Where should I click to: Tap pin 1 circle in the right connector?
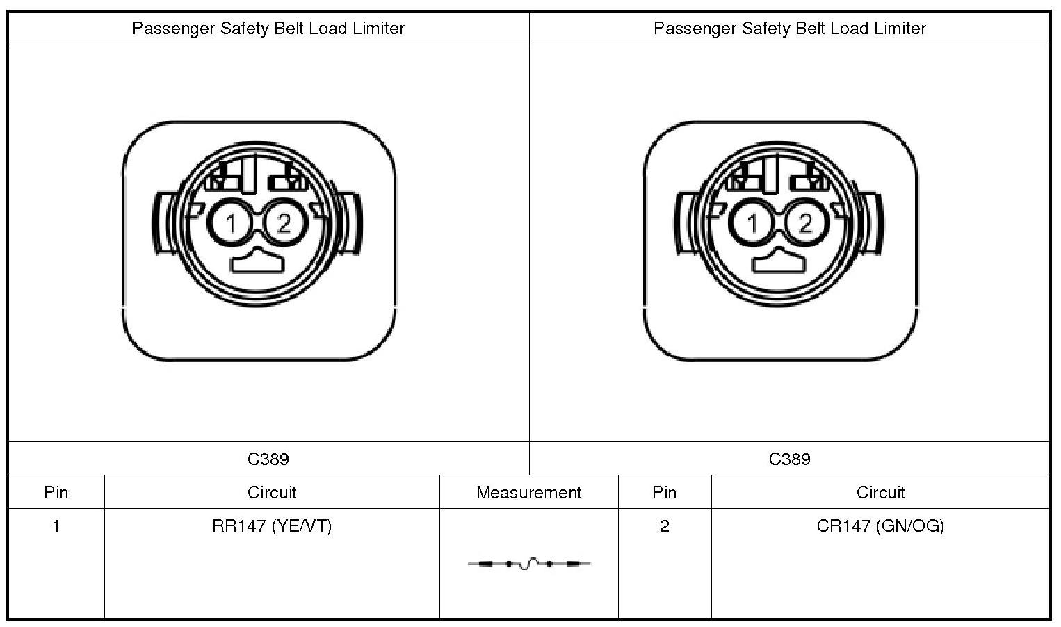pyautogui.click(x=752, y=223)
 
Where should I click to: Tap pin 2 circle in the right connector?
pyautogui.click(x=805, y=223)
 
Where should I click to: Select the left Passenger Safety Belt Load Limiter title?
pyautogui.click(x=268, y=28)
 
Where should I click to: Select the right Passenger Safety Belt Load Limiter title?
pyautogui.click(x=790, y=28)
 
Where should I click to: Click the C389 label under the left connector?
pyautogui.click(x=268, y=459)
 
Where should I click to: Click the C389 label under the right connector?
pyautogui.click(x=790, y=459)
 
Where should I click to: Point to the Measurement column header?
pyautogui.click(x=528, y=493)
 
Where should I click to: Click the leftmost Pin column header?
pyautogui.click(x=56, y=493)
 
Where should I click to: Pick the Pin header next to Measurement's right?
pyautogui.click(x=664, y=493)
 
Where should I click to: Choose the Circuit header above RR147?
pyautogui.click(x=272, y=493)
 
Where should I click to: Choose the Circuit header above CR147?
pyautogui.click(x=880, y=493)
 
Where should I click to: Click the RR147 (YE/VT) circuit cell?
pyautogui.click(x=272, y=526)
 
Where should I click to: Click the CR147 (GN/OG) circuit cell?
pyautogui.click(x=880, y=526)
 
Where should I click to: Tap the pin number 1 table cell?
pyautogui.click(x=56, y=526)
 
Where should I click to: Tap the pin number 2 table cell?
pyautogui.click(x=664, y=526)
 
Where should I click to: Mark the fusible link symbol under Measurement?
pyautogui.click(x=529, y=564)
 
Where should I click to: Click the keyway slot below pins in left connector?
pyautogui.click(x=257, y=262)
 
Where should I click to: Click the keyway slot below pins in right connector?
pyautogui.click(x=778, y=262)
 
